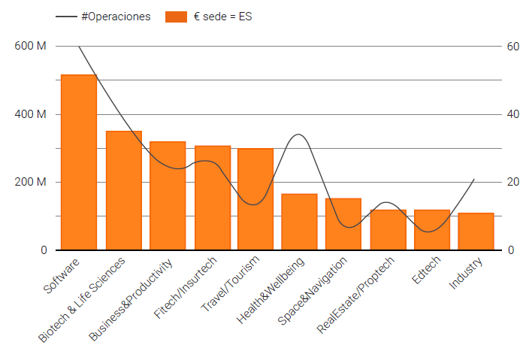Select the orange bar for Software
click(79, 162)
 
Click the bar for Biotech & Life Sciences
click(124, 190)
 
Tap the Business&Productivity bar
click(168, 195)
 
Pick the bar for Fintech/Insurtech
click(213, 198)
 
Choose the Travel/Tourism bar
click(255, 199)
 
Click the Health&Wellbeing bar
click(299, 222)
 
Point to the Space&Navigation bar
click(343, 224)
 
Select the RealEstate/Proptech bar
click(388, 230)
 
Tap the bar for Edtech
click(432, 230)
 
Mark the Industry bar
click(476, 231)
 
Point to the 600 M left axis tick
click(30, 46)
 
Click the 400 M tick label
click(30, 114)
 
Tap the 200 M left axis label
click(30, 182)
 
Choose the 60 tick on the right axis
click(513, 46)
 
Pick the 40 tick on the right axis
click(513, 114)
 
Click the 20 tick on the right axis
click(513, 182)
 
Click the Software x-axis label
click(62, 277)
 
